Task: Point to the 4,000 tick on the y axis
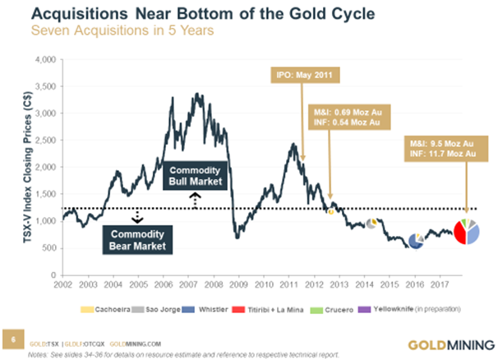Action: (x=46, y=61)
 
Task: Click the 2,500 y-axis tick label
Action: (x=46, y=141)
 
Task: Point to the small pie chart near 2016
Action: (x=416, y=238)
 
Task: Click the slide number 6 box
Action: (x=12, y=337)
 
